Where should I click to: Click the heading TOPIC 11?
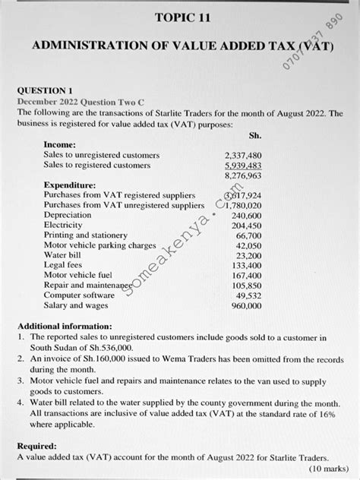click(x=180, y=17)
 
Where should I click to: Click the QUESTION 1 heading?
click(x=47, y=90)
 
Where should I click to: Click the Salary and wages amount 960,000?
click(x=246, y=305)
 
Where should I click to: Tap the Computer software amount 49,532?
click(x=248, y=295)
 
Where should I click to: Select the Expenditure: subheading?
click(x=70, y=185)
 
